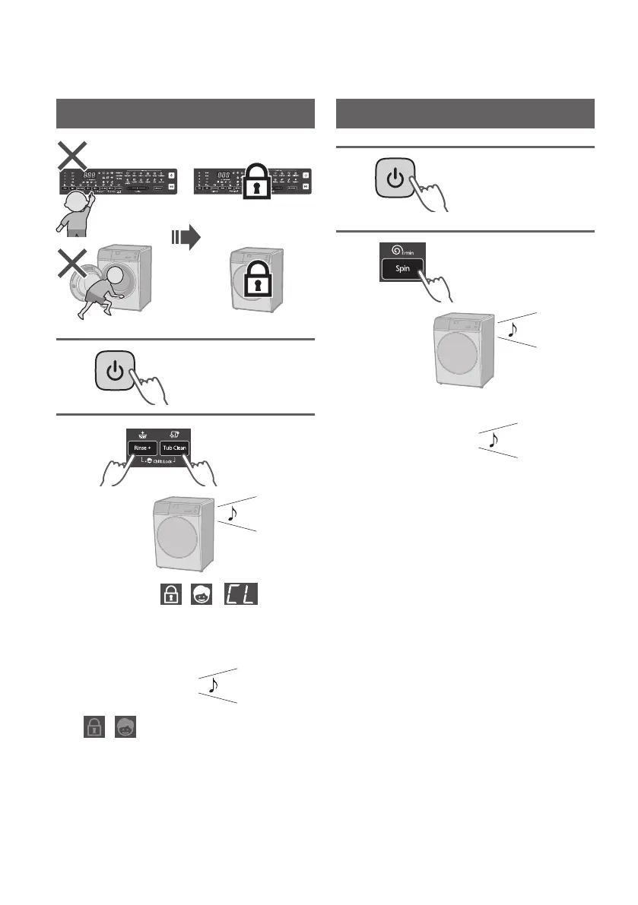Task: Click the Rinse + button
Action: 142,448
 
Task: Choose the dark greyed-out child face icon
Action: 124,727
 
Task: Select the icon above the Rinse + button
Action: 142,435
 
